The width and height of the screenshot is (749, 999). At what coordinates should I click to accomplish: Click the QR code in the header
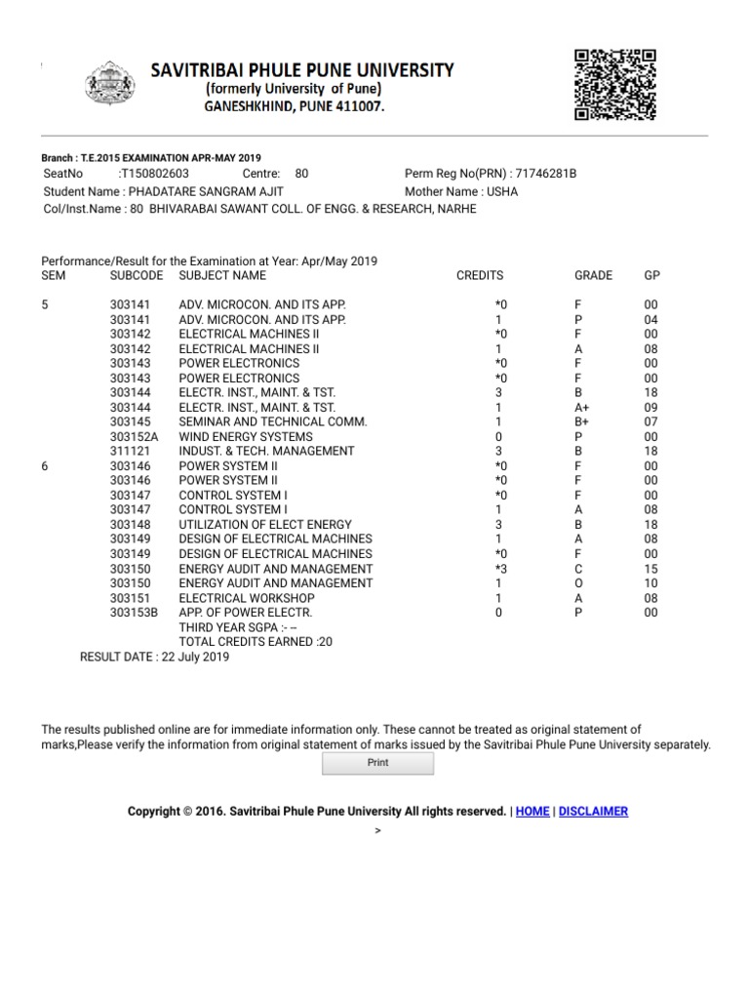coord(613,83)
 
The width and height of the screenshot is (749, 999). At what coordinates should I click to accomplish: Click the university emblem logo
coord(118,87)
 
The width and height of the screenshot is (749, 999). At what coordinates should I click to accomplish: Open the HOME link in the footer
coord(532,812)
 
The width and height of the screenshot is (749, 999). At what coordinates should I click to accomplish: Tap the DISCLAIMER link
coord(594,812)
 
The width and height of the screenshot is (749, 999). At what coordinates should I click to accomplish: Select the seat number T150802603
coord(154,174)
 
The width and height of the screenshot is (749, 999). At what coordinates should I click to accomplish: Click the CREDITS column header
coord(480,276)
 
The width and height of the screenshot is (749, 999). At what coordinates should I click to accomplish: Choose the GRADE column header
coord(593,276)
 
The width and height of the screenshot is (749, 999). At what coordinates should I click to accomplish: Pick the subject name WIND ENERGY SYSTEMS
coord(246,437)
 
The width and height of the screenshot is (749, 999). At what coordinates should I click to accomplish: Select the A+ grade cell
coord(582,408)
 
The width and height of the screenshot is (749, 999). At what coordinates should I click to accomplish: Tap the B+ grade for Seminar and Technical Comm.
coord(582,422)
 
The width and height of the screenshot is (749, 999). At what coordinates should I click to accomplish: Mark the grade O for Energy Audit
coord(578,583)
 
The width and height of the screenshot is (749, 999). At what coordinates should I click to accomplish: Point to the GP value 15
coord(651,569)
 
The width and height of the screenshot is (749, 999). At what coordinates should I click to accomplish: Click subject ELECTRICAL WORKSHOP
coord(247,598)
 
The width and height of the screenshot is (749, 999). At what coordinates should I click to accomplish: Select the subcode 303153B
coord(134,613)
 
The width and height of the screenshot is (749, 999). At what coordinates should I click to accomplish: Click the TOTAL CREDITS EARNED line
coord(256,642)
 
